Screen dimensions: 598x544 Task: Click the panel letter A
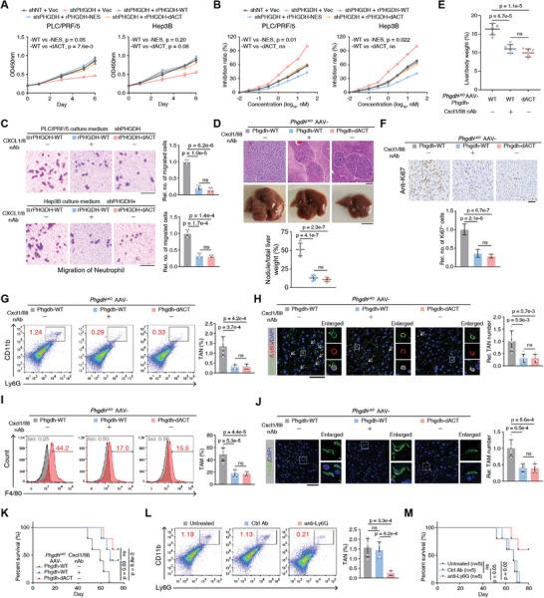coord(6,6)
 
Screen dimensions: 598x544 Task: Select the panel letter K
coord(6,485)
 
